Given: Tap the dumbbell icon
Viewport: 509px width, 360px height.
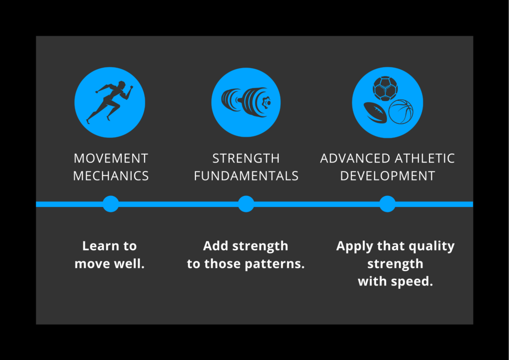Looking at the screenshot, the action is coord(247,102).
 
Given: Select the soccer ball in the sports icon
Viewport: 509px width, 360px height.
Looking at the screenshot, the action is coord(385,89).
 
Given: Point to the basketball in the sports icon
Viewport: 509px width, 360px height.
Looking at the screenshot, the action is coord(401,112).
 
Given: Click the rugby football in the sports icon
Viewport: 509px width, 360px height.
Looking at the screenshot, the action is coord(375,113).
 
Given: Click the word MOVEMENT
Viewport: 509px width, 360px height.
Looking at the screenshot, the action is coord(111,159).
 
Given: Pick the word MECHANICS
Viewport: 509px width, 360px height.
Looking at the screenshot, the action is coord(111,176).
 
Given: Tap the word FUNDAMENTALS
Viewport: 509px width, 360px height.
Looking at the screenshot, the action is coord(246,176).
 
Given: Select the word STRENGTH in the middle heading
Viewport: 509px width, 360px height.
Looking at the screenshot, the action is coord(246,159).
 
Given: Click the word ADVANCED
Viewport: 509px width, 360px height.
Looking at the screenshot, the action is coord(355,159).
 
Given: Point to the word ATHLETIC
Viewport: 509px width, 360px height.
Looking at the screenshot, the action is coord(424,159).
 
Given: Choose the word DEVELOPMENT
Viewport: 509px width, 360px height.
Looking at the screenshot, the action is coord(388,176).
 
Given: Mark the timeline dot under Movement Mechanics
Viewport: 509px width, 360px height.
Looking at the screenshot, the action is coord(111,204).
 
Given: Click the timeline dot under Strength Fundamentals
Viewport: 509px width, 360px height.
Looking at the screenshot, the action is coord(246,204).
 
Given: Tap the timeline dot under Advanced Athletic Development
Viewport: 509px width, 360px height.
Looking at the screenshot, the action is coord(387,204).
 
